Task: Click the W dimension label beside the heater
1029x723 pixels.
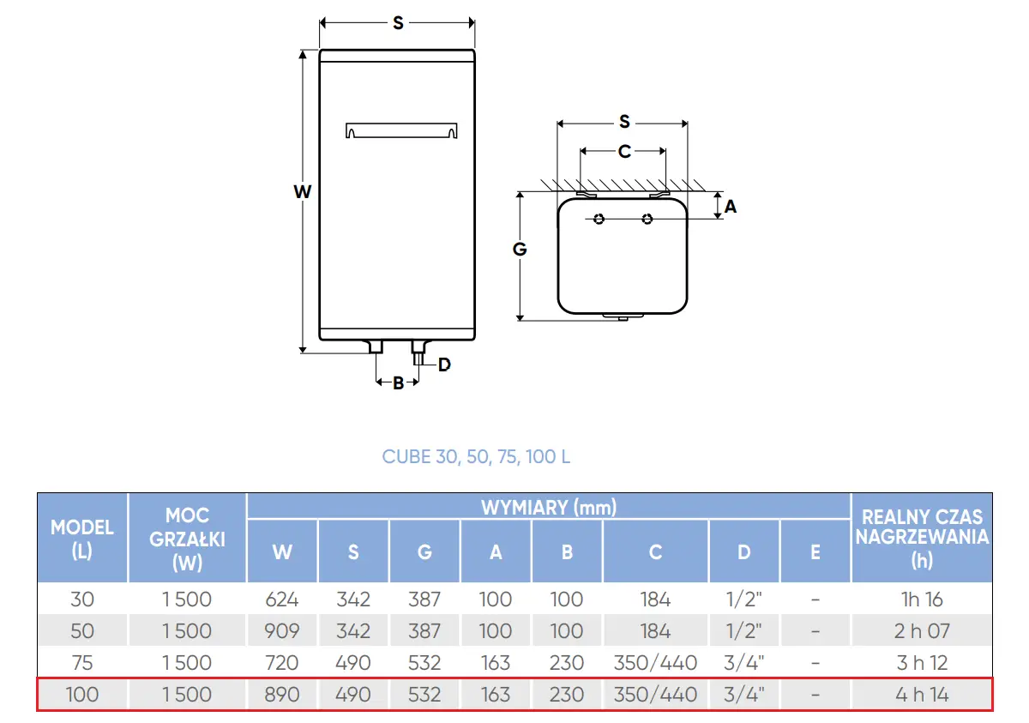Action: click(302, 191)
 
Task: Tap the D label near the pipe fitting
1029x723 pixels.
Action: click(444, 365)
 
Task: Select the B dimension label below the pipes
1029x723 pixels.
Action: click(398, 383)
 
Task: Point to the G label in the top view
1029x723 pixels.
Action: click(520, 249)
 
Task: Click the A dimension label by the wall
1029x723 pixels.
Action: click(731, 206)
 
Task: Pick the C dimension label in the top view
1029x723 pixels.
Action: click(624, 151)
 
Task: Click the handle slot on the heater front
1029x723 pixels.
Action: click(401, 130)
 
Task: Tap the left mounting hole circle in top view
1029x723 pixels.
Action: click(599, 219)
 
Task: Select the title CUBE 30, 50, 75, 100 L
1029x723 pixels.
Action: click(476, 456)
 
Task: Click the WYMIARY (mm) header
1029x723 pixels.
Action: click(549, 508)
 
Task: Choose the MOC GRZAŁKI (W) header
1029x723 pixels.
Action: click(188, 539)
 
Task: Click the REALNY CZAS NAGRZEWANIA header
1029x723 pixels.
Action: click(922, 538)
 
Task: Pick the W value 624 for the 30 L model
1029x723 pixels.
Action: click(282, 599)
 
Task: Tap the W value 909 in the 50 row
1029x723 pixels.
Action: click(282, 630)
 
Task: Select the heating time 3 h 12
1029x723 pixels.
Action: click(922, 662)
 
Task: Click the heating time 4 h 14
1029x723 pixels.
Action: click(922, 694)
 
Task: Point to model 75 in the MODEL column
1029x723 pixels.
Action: click(82, 662)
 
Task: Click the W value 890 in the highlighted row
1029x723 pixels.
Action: click(282, 694)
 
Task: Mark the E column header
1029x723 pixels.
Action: click(815, 551)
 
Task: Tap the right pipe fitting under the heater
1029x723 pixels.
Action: click(419, 352)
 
